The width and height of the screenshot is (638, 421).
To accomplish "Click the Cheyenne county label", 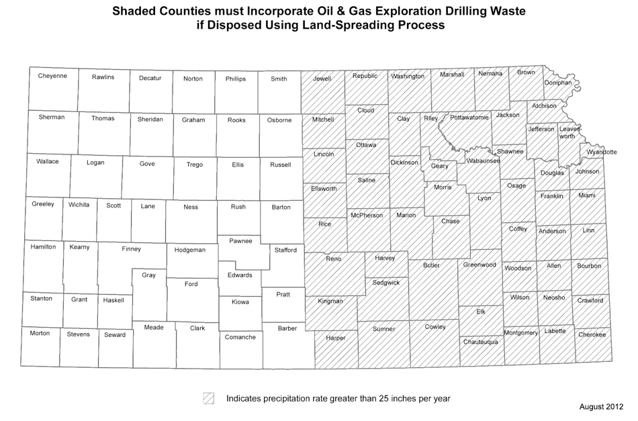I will tap(52, 76).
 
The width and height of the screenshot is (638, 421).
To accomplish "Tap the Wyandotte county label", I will tap(601, 152).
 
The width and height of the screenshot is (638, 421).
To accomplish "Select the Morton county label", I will tap(40, 333).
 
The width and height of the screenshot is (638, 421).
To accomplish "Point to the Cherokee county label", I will tap(592, 334).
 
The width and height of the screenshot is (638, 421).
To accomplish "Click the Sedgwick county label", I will tap(385, 283).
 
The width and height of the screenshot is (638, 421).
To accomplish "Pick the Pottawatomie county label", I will tap(469, 118).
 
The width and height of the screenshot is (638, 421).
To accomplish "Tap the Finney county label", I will tap(132, 249).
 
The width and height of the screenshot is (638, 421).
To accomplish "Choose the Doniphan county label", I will tap(558, 83).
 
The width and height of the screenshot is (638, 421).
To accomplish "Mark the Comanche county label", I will tap(240, 337).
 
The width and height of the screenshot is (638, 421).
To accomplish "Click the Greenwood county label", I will tap(480, 265).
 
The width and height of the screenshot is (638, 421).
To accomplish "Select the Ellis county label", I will tap(238, 165).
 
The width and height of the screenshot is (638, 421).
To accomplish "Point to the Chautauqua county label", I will tap(480, 342).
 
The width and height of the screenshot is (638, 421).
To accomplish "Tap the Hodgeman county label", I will tap(189, 250).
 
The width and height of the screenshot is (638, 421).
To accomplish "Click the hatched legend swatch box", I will tap(209, 398).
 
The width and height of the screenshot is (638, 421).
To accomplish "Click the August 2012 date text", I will tap(601, 407).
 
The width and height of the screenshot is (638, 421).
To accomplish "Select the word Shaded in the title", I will tap(137, 11).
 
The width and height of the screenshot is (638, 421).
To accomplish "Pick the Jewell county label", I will tap(322, 79).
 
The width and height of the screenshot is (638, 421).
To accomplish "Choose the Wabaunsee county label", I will tap(483, 161).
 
